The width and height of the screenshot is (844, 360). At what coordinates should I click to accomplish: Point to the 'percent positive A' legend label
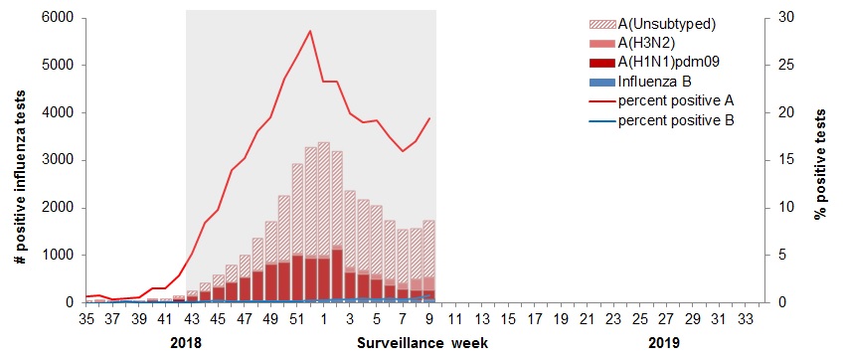[675, 100]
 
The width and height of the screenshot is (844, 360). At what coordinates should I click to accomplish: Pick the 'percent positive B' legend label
[675, 119]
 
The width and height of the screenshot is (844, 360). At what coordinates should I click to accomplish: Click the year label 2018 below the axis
[187, 343]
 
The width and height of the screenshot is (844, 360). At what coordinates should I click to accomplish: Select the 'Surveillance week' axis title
[422, 343]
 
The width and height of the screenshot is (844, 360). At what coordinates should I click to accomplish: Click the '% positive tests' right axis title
[821, 160]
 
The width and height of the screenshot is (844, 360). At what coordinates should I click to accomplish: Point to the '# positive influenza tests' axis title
[20, 160]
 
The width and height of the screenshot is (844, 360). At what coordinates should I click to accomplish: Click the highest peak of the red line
[310, 31]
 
